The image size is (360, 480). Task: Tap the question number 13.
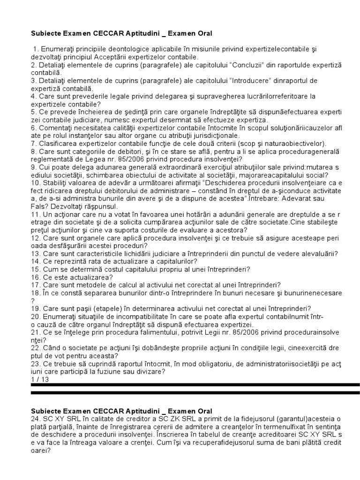(x=36, y=254)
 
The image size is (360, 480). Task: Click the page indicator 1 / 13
(x=40, y=380)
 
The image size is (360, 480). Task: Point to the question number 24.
(x=36, y=419)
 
